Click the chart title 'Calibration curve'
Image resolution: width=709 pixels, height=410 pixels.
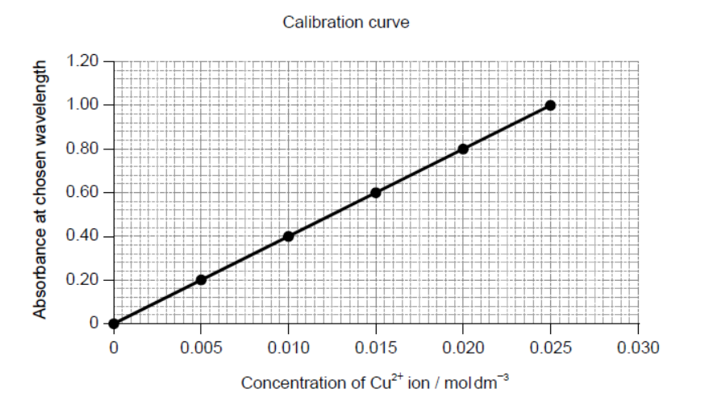tap(345, 23)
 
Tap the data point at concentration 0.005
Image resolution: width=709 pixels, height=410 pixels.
tap(201, 280)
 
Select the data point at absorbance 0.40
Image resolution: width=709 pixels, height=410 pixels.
tap(288, 236)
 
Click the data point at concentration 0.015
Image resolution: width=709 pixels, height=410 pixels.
tap(376, 193)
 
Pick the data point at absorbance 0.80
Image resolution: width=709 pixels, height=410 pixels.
tap(463, 149)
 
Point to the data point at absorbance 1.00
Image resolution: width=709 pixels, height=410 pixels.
tap(550, 105)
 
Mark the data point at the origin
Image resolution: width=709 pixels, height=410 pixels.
tap(114, 324)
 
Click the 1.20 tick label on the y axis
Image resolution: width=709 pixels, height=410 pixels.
tap(83, 61)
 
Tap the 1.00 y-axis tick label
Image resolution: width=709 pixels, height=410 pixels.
tap(83, 105)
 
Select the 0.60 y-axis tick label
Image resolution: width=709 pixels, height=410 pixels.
tap(83, 193)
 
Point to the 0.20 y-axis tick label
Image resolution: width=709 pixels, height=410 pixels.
tap(83, 280)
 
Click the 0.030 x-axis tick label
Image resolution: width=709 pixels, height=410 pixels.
tap(638, 348)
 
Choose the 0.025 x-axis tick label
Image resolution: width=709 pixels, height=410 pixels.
tap(551, 348)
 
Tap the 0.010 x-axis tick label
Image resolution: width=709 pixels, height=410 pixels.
tap(289, 348)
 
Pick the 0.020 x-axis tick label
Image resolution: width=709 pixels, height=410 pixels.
tap(463, 348)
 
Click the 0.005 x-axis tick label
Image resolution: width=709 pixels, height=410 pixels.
tap(201, 348)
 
